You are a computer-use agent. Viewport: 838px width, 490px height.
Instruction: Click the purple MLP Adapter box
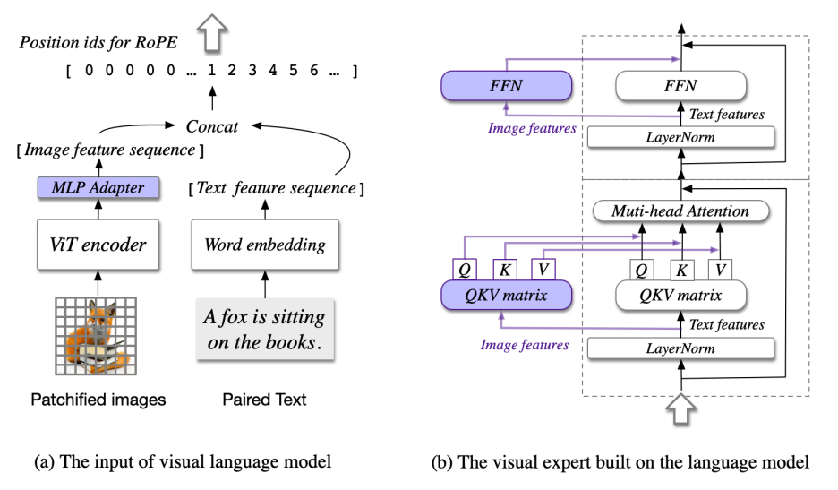point(98,189)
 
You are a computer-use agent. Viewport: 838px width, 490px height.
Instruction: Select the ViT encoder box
point(98,244)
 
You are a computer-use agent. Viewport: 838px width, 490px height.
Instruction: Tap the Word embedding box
point(265,244)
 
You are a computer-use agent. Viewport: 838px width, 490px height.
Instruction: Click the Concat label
point(212,126)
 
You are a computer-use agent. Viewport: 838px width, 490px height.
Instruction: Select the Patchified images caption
point(98,400)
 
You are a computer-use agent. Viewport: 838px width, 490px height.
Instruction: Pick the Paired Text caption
point(265,400)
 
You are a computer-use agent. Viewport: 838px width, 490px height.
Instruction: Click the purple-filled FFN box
point(507,87)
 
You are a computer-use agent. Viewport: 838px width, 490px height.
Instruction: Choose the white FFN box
point(680,87)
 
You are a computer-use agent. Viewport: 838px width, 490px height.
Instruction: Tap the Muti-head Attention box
point(681,211)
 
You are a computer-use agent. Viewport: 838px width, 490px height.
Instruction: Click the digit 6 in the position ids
point(309,70)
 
